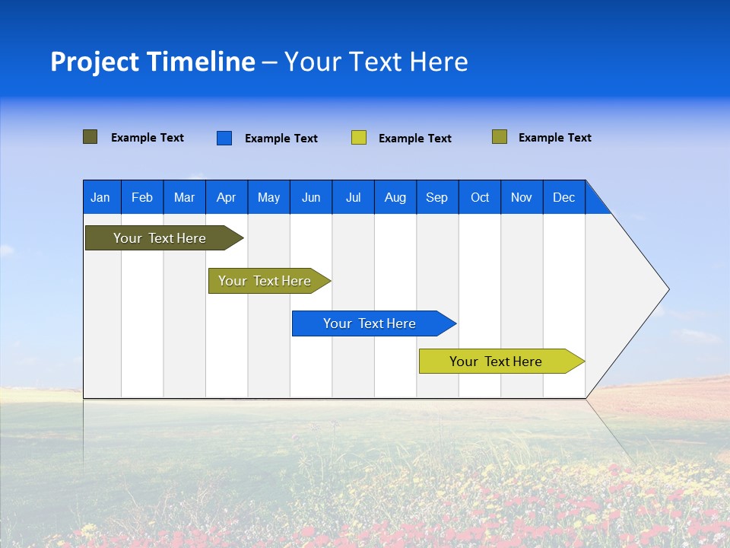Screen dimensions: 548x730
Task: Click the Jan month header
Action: pos(101,197)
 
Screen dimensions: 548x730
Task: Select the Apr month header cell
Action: pos(227,197)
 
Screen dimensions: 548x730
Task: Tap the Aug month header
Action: pos(395,197)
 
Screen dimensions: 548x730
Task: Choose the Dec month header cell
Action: pos(563,197)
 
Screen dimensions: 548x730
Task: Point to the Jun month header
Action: pos(311,197)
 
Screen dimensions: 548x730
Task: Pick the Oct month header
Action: pos(480,197)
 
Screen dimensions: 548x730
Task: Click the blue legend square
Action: pos(224,138)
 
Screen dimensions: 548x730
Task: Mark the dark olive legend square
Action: pos(90,137)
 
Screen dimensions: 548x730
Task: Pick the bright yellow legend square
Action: pos(359,138)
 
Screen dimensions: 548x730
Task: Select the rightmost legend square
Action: pos(500,137)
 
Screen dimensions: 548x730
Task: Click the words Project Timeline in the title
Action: pos(153,62)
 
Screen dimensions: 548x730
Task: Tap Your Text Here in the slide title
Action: pos(376,62)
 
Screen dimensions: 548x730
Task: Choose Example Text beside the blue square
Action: pos(281,139)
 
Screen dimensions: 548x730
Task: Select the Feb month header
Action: pos(142,197)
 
